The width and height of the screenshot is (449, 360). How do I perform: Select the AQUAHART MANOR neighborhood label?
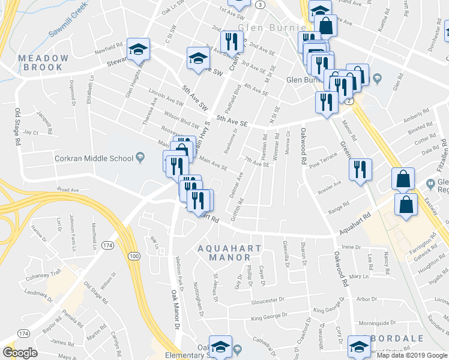[234, 253]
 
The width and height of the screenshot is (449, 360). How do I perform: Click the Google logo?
[20, 353]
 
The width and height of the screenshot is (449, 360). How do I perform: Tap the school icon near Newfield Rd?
[139, 50]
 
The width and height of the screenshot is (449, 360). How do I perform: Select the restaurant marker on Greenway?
[360, 169]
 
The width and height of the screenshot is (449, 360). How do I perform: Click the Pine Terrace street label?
[323, 158]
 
